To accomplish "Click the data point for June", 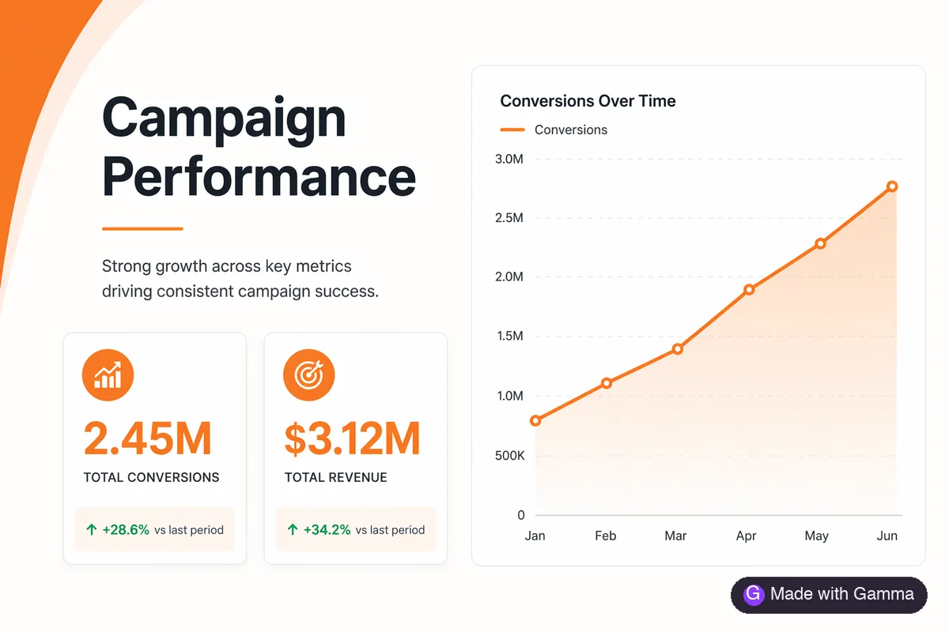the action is (892, 186).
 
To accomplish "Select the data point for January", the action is (535, 420).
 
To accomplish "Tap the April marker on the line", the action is (749, 290).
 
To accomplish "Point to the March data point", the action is (678, 349).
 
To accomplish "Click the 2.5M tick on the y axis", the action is (509, 218).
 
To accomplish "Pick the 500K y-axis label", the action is (509, 456).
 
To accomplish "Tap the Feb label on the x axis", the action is (606, 536).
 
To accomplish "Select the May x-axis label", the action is (816, 536).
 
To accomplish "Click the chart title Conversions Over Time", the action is (588, 101).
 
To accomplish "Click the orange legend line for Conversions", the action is (512, 130).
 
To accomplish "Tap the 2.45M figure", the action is (147, 438).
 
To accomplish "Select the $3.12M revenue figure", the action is (352, 438).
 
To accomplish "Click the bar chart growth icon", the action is (108, 375).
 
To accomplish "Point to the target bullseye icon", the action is (309, 375).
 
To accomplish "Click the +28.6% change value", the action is (126, 529).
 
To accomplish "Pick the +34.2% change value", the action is (327, 529).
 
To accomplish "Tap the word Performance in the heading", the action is (259, 176).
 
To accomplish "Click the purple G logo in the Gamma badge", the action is (754, 594).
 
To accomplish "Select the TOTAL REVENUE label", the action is (335, 477).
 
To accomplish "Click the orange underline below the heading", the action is (142, 228).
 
